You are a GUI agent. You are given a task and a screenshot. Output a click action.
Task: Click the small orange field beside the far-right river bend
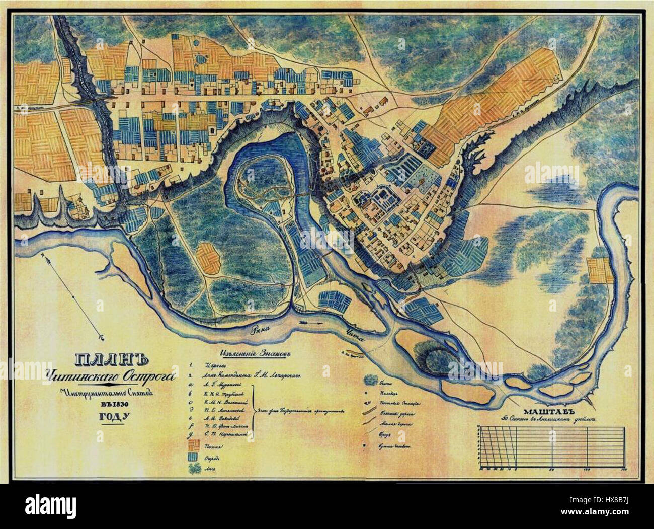click(600, 270)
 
